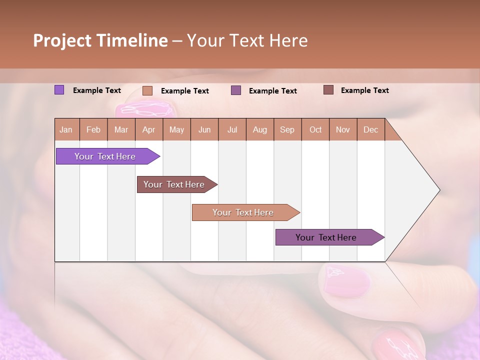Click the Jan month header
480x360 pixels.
click(x=66, y=129)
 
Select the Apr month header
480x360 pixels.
click(x=149, y=129)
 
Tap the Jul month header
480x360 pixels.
click(x=232, y=129)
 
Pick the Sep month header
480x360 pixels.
click(x=287, y=129)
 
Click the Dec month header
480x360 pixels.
click(x=371, y=129)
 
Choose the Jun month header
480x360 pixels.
click(x=204, y=129)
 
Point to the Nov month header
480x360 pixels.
click(x=343, y=129)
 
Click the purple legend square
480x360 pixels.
click(x=59, y=90)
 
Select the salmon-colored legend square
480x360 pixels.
click(x=147, y=90)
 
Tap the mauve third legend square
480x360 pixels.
click(x=236, y=90)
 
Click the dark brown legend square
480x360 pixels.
click(x=328, y=90)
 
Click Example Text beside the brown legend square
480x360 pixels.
click(x=364, y=90)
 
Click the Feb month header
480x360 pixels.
click(x=93, y=129)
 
